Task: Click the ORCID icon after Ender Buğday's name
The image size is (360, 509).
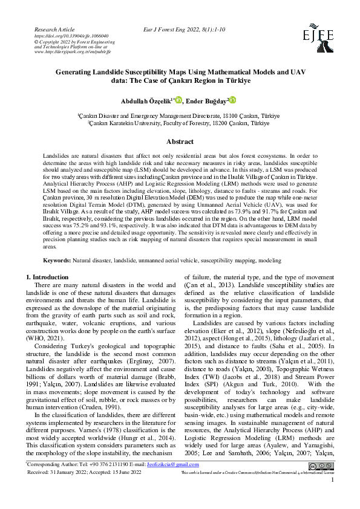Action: click(232, 100)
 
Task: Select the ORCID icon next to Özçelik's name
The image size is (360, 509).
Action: click(178, 100)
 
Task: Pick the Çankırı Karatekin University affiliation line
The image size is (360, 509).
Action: click(180, 122)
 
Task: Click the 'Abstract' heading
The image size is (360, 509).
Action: click(180, 141)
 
